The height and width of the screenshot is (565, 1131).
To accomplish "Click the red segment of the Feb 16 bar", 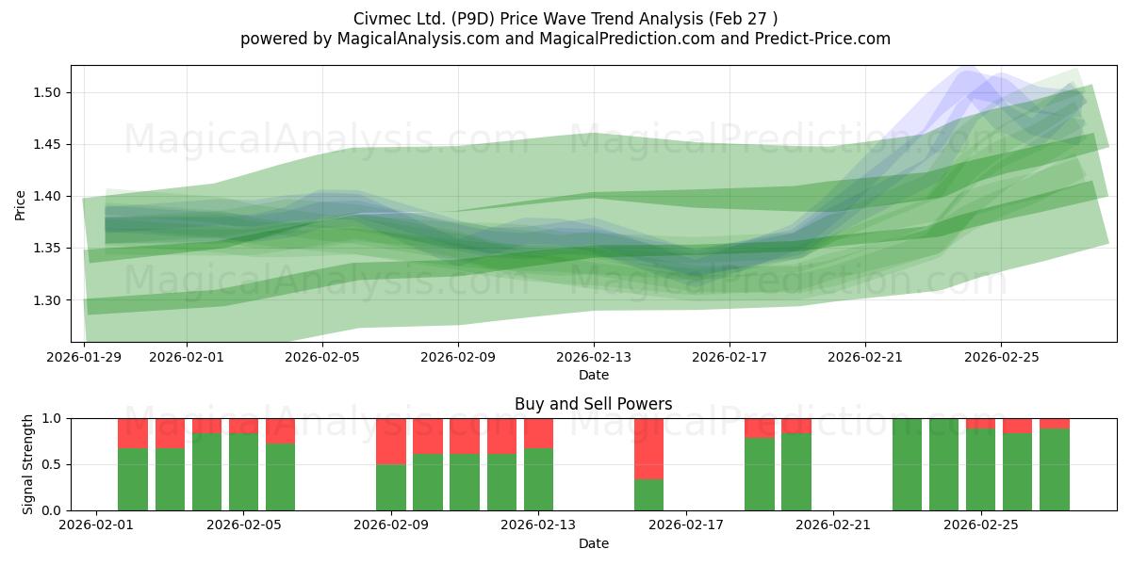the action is tap(648, 449).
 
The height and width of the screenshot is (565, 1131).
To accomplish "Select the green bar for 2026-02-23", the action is tap(907, 464).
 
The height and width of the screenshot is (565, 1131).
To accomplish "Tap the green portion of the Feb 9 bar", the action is tap(391, 488).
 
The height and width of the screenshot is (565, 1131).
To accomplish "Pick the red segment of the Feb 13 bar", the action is tap(538, 433).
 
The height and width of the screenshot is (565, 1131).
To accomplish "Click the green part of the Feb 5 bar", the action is tap(243, 472).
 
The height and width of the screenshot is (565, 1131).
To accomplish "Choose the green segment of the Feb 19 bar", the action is tap(760, 475).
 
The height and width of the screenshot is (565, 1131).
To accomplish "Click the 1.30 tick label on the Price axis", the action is tap(47, 300).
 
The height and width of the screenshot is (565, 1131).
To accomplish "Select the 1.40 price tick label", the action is tap(47, 196).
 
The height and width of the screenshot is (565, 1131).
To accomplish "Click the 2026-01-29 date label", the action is tap(84, 357).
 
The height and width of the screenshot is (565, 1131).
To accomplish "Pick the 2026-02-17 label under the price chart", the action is tap(729, 357).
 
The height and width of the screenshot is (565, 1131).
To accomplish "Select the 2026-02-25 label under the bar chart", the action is tap(980, 525).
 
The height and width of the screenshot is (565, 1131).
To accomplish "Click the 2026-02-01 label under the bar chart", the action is tap(96, 525).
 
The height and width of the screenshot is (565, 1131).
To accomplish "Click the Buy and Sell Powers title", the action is tap(593, 404).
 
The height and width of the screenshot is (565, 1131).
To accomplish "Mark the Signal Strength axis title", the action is tap(27, 464).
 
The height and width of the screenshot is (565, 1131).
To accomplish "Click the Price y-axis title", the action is tap(20, 205).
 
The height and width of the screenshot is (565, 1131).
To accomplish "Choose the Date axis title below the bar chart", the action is tap(593, 543).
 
